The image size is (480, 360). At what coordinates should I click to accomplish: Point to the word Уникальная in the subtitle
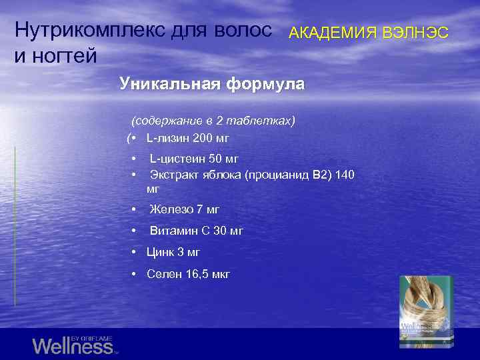click(x=169, y=84)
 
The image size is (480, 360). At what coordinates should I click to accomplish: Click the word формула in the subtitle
click(x=266, y=84)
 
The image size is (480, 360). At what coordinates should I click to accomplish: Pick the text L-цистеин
click(x=177, y=159)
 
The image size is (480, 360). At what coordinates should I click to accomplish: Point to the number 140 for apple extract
click(x=345, y=175)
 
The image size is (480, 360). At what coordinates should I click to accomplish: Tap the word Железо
click(x=171, y=209)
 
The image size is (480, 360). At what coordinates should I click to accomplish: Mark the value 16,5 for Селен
click(x=195, y=273)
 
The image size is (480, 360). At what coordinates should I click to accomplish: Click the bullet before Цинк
click(x=135, y=252)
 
